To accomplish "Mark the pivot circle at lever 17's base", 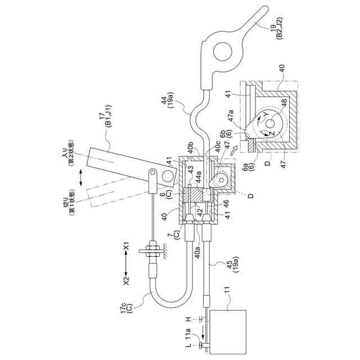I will [x=167, y=177].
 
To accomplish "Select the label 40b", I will [x=193, y=149].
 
